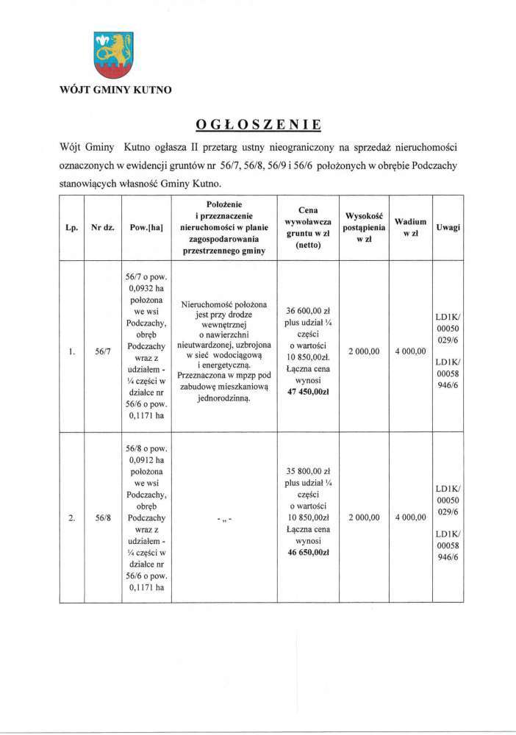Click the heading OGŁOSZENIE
coord(258,122)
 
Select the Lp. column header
coord(72,228)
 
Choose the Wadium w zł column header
coord(409,227)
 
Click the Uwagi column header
coord(448,228)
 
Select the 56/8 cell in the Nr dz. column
coord(102,518)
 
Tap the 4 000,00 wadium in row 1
coord(410,352)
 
